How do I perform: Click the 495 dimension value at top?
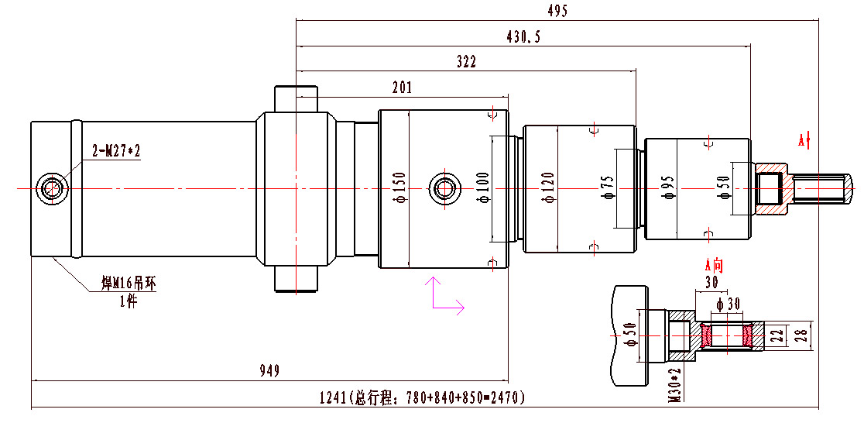click(557, 11)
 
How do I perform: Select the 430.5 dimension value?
click(524, 36)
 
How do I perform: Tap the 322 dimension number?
click(466, 62)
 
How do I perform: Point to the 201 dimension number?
click(402, 88)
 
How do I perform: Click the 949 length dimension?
click(269, 371)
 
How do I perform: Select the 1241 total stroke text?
click(423, 398)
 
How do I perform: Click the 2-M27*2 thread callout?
click(116, 150)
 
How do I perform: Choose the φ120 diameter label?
click(548, 188)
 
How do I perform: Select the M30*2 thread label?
click(675, 385)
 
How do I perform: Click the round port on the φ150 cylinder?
click(444, 187)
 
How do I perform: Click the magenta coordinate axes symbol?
click(444, 295)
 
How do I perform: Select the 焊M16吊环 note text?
click(129, 283)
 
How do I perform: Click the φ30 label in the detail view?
click(730, 301)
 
